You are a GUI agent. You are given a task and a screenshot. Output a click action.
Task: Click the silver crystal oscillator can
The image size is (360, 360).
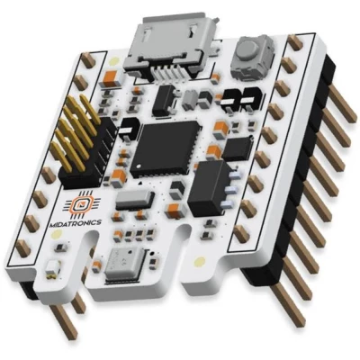coord(134,200)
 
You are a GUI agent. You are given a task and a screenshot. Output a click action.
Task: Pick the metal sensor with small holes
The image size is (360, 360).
coord(124,265)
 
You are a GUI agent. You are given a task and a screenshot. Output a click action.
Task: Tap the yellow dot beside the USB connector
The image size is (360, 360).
coord(113,61)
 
